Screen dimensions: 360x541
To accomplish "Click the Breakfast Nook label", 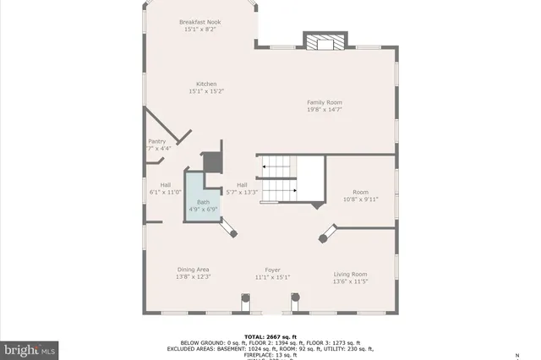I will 200,22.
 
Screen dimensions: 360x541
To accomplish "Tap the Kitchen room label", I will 207,84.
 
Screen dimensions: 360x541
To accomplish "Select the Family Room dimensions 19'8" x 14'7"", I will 325,110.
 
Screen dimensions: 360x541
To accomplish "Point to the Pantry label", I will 157,141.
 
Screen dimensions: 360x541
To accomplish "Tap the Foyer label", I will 272,270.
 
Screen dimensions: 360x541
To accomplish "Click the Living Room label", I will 349,274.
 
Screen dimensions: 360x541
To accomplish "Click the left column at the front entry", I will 246,299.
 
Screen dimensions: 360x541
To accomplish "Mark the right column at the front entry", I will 296,299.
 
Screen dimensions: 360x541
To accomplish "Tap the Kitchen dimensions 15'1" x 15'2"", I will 207,90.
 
